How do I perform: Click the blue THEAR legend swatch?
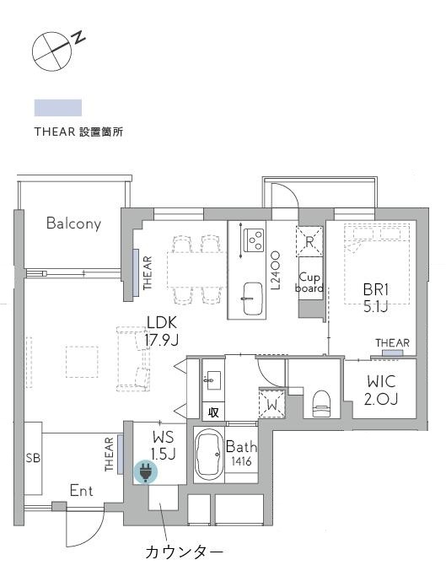(x=57, y=107)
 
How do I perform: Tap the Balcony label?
(x=73, y=223)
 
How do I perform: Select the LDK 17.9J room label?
(x=162, y=331)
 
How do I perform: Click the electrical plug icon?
(x=145, y=474)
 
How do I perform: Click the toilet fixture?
(x=321, y=402)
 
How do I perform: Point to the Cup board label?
(x=309, y=282)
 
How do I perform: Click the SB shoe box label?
(x=33, y=458)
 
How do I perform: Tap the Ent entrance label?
(x=82, y=491)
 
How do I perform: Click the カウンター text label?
(x=185, y=553)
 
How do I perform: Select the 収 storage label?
(x=213, y=412)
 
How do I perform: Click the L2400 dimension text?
(x=275, y=269)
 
